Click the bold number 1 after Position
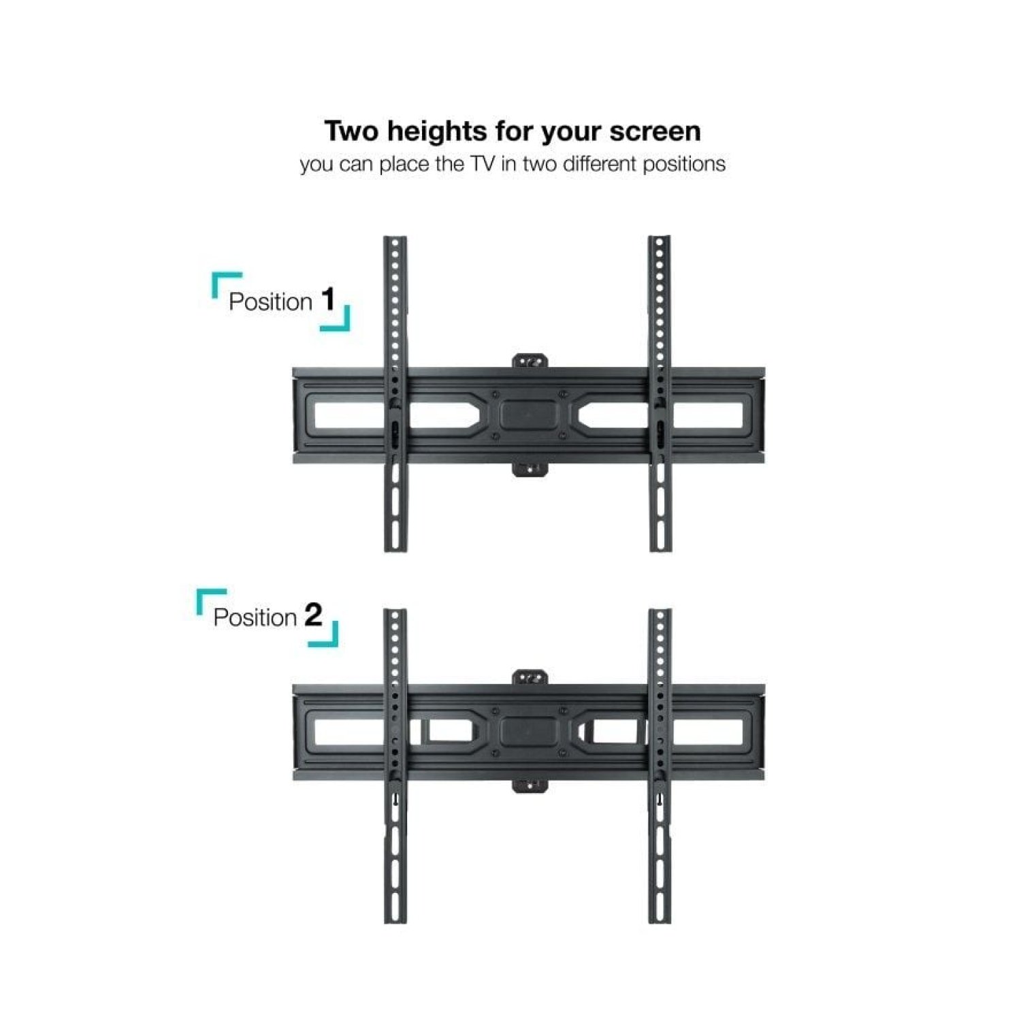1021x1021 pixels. tap(328, 299)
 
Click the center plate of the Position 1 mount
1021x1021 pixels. tap(528, 415)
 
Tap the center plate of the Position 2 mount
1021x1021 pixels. tap(529, 732)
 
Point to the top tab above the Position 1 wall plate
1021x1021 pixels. tap(530, 361)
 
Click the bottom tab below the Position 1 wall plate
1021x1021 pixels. tap(530, 470)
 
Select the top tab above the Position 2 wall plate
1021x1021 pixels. tap(530, 678)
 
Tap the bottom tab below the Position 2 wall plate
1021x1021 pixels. tap(530, 786)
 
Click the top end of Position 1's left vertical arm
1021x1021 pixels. tap(395, 238)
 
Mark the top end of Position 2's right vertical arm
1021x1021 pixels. tap(660, 611)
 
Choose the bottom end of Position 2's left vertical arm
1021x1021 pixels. tap(395, 922)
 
